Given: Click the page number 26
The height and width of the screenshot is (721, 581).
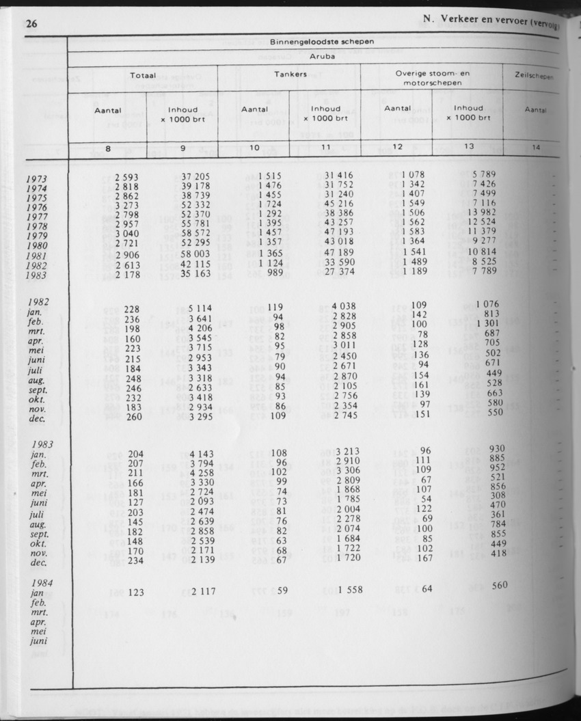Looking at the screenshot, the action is coord(30,24).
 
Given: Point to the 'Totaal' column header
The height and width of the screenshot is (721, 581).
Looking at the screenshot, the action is coord(144,75).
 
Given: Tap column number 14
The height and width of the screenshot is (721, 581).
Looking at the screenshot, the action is coord(535,146).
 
